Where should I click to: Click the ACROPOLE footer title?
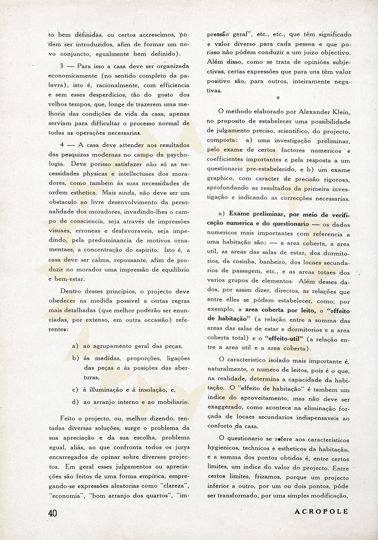[x=321, y=511]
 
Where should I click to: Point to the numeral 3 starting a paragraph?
[x=62, y=66]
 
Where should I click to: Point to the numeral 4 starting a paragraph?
[x=62, y=145]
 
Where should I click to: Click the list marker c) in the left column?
[x=75, y=390]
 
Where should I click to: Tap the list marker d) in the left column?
[x=75, y=402]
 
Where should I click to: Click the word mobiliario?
[x=173, y=402]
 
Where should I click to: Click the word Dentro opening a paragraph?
[x=70, y=291]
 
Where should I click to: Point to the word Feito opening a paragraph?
[x=68, y=418]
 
